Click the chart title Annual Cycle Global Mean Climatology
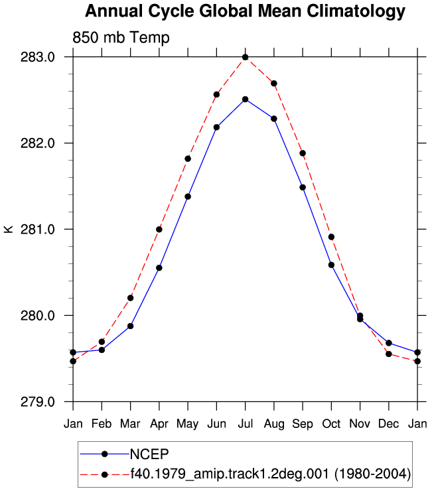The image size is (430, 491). click(x=245, y=11)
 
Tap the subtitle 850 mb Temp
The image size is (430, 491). click(x=121, y=37)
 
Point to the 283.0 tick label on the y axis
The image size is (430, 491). click(x=38, y=57)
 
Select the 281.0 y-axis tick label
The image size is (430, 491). click(x=38, y=230)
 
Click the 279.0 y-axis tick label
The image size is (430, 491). click(x=38, y=401)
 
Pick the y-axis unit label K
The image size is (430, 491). click(x=9, y=229)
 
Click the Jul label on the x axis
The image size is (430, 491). click(x=246, y=424)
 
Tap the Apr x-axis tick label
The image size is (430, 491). click(x=159, y=424)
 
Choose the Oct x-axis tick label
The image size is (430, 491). click(x=331, y=424)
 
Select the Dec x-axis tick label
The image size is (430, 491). click(x=389, y=424)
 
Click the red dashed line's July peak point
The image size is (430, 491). click(x=246, y=57)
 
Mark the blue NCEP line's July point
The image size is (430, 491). click(x=246, y=100)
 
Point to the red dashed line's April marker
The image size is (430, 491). click(x=159, y=230)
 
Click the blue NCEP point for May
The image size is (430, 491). click(x=188, y=196)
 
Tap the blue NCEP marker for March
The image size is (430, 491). click(x=130, y=326)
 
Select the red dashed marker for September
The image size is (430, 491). click(x=303, y=153)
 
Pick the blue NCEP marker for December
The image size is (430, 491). click(x=389, y=343)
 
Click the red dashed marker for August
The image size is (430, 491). click(x=274, y=84)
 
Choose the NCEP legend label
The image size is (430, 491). click(x=149, y=454)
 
